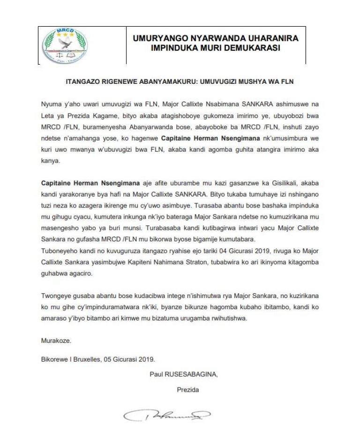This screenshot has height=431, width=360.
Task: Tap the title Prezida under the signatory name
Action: click(x=188, y=389)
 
